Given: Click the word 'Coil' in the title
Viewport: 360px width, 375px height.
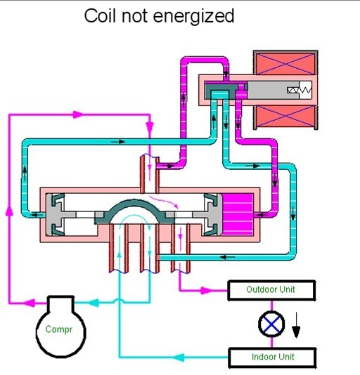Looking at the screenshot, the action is (x=101, y=16).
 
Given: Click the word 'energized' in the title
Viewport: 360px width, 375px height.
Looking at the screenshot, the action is (x=193, y=18).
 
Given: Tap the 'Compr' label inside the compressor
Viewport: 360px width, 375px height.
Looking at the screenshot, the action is (x=58, y=329).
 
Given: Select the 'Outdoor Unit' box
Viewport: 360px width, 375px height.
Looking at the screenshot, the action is (x=271, y=290).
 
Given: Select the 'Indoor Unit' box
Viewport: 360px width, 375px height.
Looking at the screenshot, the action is (x=272, y=357).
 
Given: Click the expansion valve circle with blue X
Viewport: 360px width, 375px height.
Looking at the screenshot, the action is (x=271, y=324).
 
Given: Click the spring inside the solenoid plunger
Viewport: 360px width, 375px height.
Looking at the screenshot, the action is (x=300, y=90).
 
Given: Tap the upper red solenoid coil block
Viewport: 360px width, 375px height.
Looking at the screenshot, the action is (x=285, y=64).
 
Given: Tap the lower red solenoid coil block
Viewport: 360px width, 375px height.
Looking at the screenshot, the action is (x=285, y=117).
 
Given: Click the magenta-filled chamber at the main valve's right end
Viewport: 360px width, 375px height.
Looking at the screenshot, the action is (x=237, y=214).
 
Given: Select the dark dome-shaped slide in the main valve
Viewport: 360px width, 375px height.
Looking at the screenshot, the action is (x=134, y=212).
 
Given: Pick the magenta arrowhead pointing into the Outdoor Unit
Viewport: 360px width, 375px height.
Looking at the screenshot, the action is (x=206, y=291).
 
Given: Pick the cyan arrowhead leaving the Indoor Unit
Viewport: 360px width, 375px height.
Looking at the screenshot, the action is (x=179, y=357).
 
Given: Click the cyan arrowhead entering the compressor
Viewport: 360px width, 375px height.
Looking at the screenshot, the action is (x=94, y=303).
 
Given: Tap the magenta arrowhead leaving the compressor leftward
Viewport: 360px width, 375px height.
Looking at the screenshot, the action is (x=30, y=303).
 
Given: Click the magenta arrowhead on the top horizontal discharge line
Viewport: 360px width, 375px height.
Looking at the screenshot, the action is (x=78, y=114).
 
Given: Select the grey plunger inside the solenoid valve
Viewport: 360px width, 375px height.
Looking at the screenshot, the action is (x=273, y=90).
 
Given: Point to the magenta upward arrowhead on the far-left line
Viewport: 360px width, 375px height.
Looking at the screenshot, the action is (x=9, y=211).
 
